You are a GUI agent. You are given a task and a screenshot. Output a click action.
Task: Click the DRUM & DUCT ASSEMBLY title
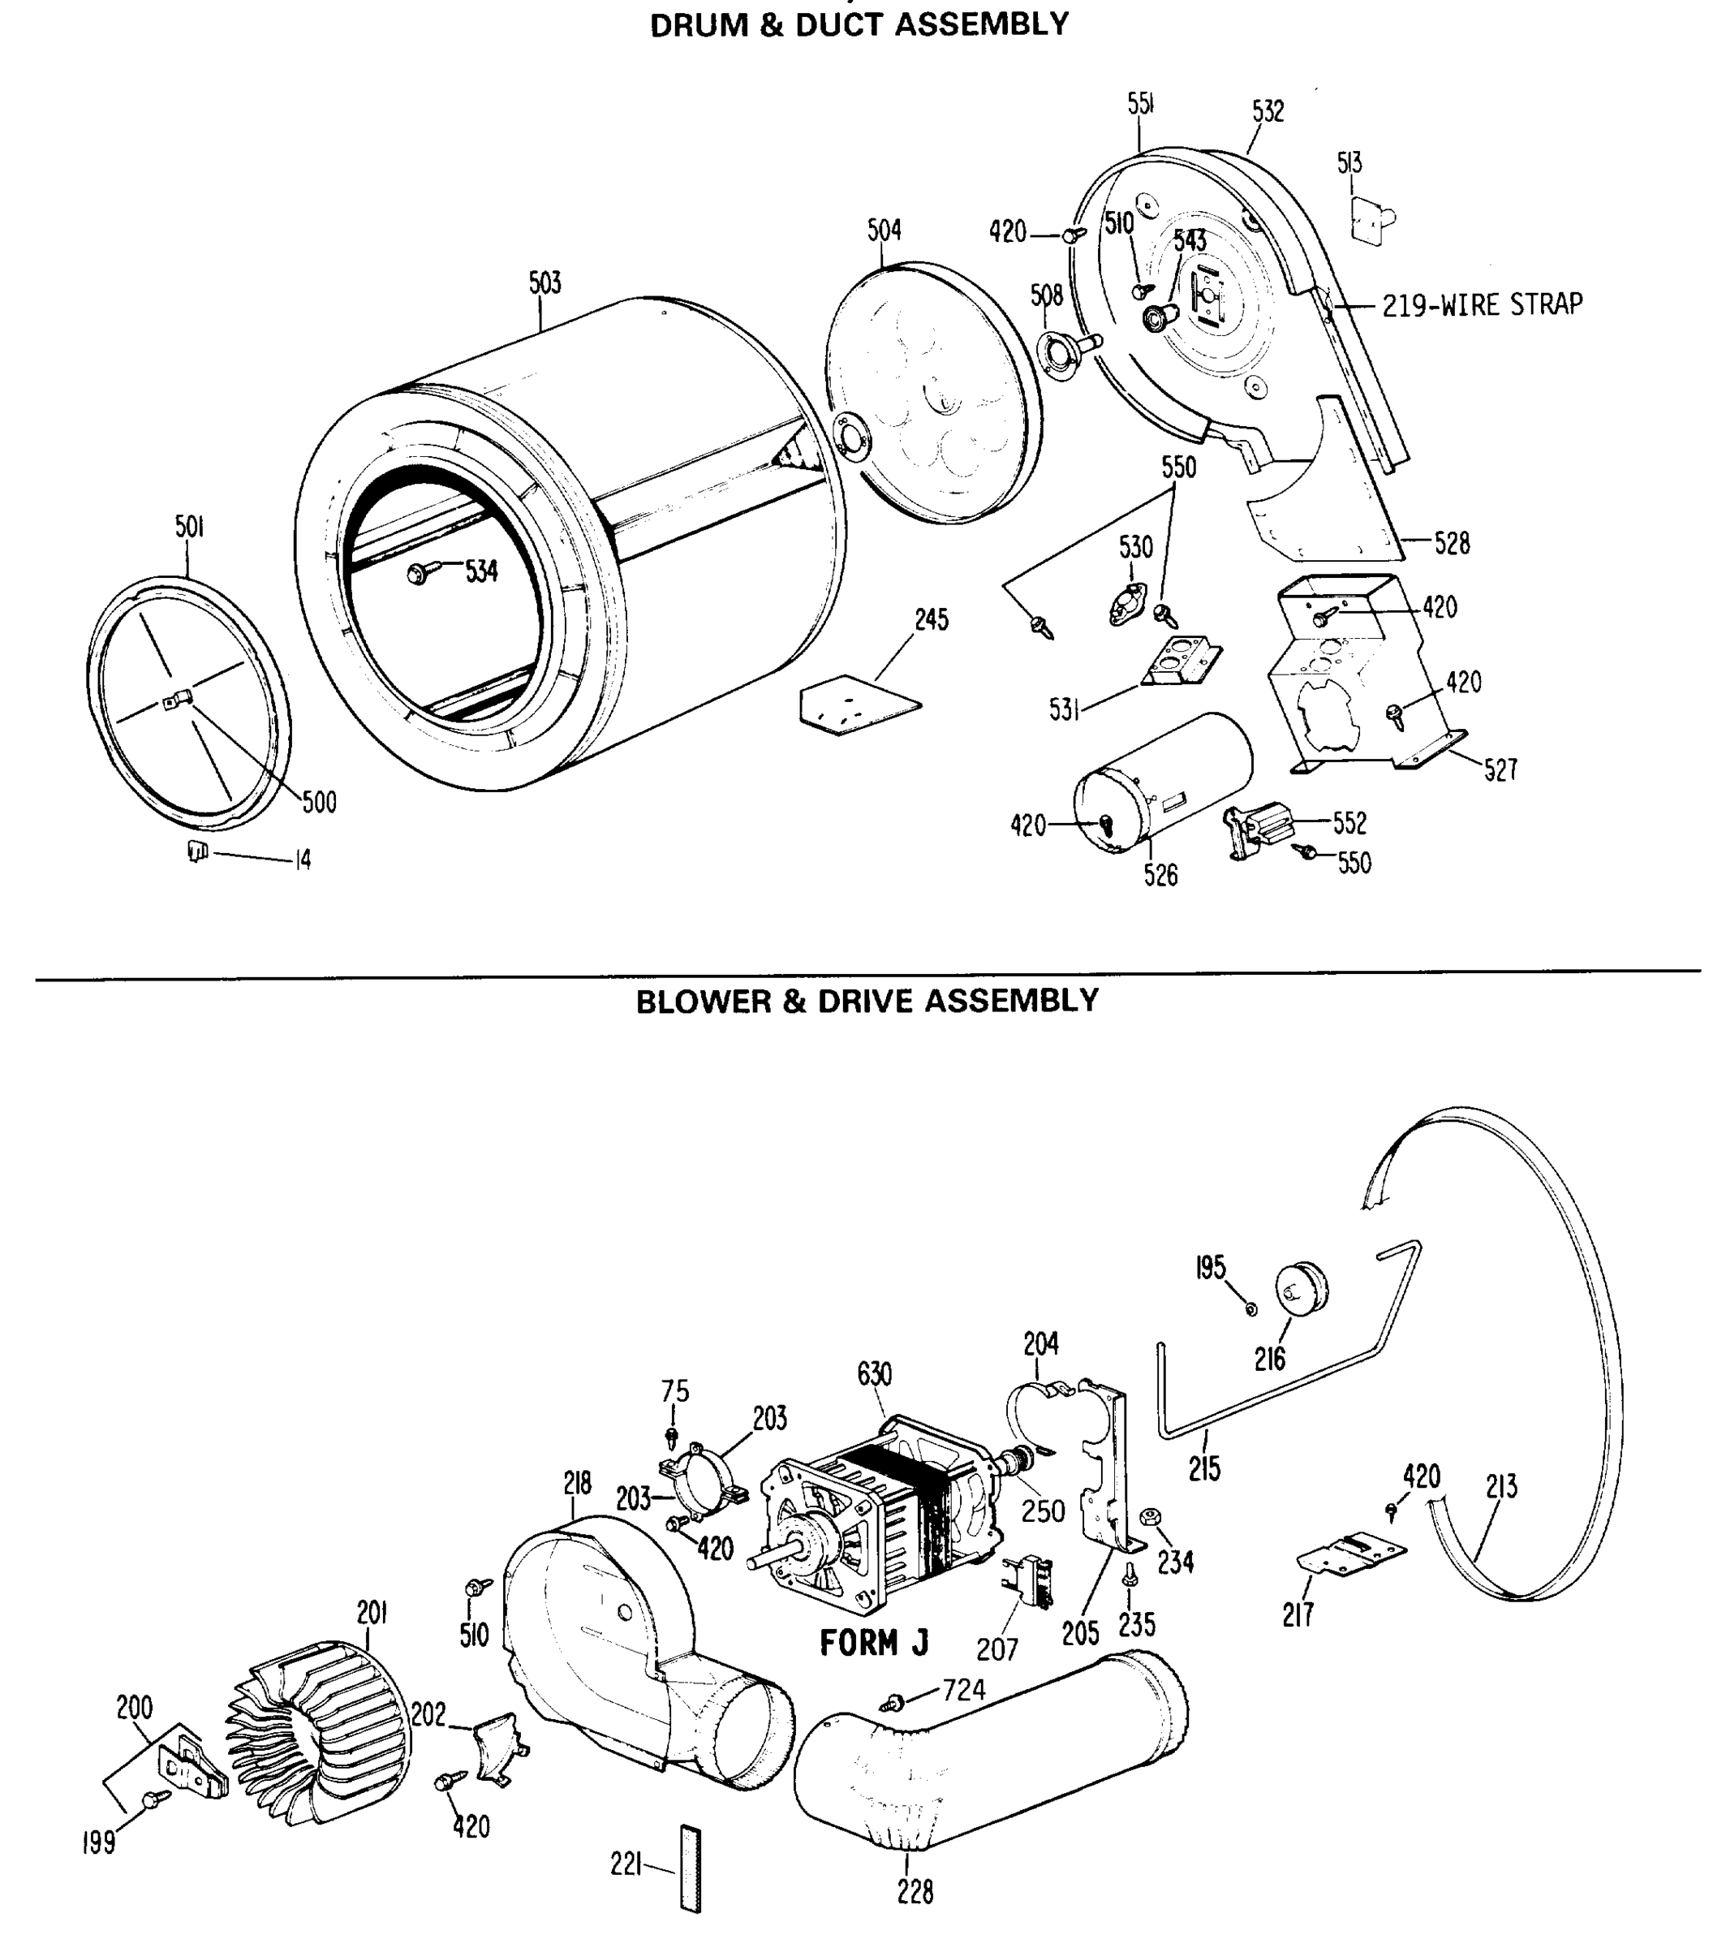click(x=859, y=24)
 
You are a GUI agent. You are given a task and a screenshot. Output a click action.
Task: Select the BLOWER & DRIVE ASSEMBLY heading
click(x=867, y=1001)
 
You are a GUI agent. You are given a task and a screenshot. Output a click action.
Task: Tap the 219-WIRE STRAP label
click(x=1482, y=305)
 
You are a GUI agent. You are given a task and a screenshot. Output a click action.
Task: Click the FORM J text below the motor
click(x=873, y=1643)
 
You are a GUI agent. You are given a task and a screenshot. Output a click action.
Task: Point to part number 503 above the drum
click(x=545, y=283)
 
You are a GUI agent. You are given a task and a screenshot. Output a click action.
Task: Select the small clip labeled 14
click(x=197, y=851)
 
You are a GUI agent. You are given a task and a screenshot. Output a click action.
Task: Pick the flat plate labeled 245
click(x=858, y=705)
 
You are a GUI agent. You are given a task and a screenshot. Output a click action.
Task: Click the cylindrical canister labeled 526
click(x=1163, y=782)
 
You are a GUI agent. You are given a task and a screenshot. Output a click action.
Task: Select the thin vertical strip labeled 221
click(x=690, y=1868)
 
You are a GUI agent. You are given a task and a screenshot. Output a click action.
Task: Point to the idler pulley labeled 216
click(x=1302, y=1290)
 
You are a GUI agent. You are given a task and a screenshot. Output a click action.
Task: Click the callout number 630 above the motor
click(x=874, y=1374)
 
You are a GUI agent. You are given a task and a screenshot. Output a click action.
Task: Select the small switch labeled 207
click(x=1027, y=1583)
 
